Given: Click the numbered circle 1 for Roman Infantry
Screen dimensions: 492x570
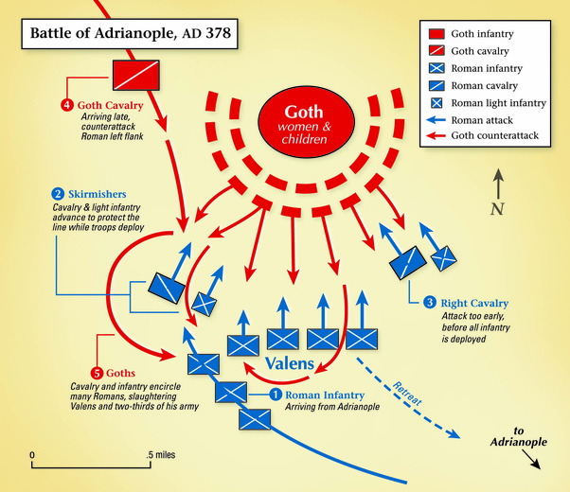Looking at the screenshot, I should coord(276,395).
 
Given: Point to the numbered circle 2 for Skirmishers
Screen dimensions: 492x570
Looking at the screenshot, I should coord(58,194).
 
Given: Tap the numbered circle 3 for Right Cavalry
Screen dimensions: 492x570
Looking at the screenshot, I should coord(430,303).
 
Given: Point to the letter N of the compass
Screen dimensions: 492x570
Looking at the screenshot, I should coord(496,209).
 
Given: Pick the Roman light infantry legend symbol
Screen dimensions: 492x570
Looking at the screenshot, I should coord(437,103).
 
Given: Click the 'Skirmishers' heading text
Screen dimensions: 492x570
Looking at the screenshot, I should coord(96,194).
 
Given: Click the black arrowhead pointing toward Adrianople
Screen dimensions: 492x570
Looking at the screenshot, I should coord(537,464).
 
